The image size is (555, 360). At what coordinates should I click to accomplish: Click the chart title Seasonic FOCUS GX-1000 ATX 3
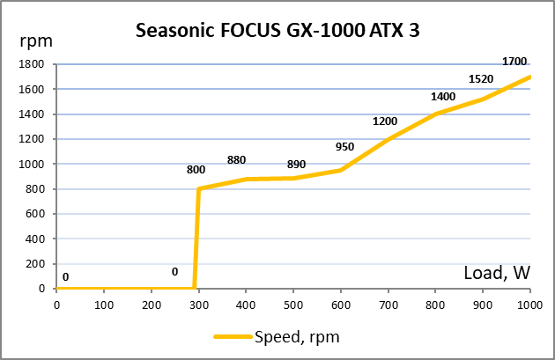pos(277,31)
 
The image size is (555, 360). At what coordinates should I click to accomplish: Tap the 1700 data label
pos(515,62)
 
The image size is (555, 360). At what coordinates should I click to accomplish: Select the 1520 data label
pos(480,79)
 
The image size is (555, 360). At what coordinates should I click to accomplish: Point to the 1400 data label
pos(443,97)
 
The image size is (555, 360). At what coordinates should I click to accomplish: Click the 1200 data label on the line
pos(385,121)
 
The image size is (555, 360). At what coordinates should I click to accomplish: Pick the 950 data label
pos(345,146)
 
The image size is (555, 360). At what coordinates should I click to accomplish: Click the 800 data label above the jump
pos(196,169)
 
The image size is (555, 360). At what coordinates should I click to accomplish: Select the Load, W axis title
pos(497,273)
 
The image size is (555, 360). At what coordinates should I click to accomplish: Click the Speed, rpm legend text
pos(297,337)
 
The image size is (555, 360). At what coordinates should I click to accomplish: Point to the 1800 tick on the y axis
pos(33,64)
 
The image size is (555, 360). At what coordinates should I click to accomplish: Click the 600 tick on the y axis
pos(35,214)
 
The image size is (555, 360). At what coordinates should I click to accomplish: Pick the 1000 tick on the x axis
pos(530,305)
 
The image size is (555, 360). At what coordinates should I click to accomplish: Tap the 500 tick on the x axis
pos(293,305)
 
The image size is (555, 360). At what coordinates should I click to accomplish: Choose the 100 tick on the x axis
pos(104,305)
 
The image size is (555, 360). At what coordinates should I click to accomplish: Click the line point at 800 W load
pos(436,114)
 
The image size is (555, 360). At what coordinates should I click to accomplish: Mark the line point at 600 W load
pos(341,170)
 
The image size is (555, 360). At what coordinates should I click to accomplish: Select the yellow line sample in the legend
pos(232,337)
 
